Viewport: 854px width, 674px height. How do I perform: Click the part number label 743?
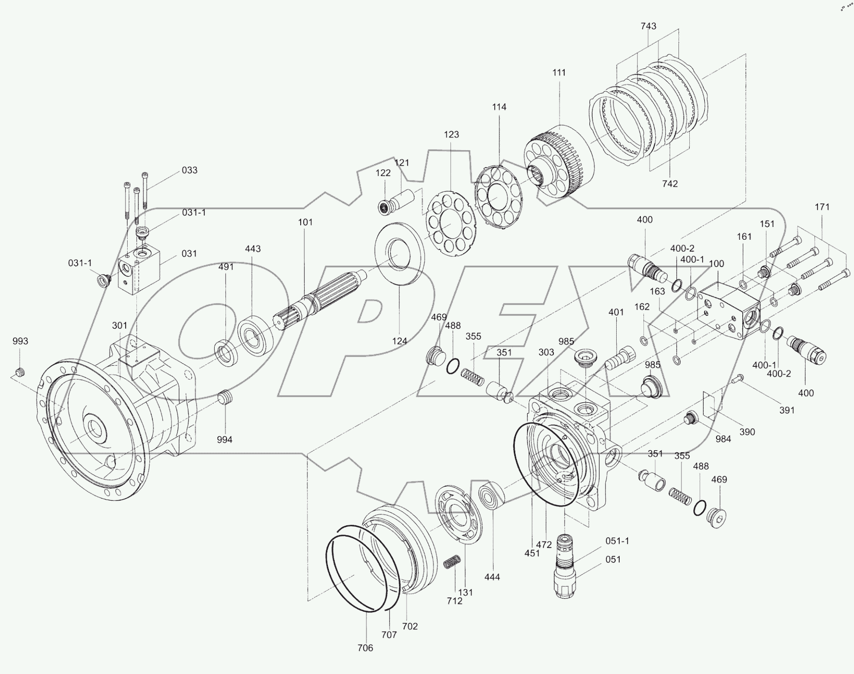pyautogui.click(x=649, y=26)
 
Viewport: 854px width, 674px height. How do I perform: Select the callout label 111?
pyautogui.click(x=559, y=73)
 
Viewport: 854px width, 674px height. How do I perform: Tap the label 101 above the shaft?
pyautogui.click(x=305, y=222)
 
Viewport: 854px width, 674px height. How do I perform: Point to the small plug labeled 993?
pyautogui.click(x=21, y=371)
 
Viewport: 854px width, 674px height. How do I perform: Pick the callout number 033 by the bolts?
pyautogui.click(x=189, y=170)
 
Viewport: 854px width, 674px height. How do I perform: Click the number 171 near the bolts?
pyautogui.click(x=822, y=207)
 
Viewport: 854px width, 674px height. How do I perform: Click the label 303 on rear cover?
pyautogui.click(x=547, y=352)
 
